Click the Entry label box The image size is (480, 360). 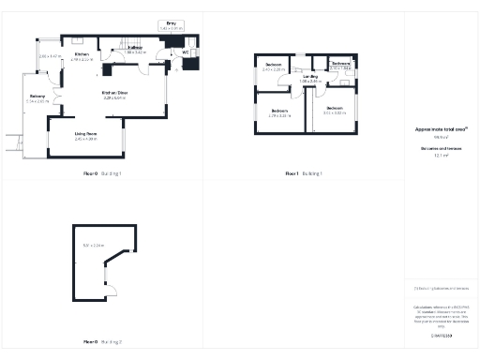point(171,25)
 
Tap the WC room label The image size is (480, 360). point(185,52)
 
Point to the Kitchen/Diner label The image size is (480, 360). point(115,95)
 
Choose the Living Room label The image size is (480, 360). point(86,136)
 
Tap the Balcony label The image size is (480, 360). point(37,98)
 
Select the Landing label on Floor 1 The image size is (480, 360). point(310,79)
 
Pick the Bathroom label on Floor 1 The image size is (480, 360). point(340,66)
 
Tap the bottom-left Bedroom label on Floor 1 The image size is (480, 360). point(279,112)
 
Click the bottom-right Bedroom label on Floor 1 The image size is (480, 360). point(334,110)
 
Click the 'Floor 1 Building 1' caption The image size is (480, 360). point(304,173)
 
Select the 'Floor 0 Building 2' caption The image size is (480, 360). point(103,341)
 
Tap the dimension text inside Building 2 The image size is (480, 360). point(93,246)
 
